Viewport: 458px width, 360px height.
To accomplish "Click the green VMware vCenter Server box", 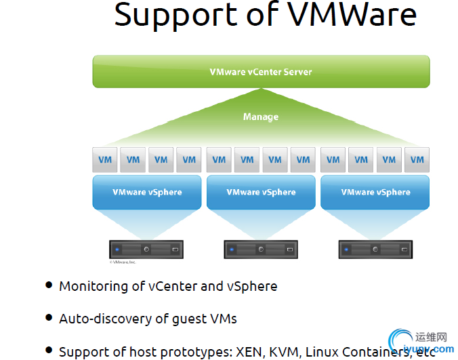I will coord(261,71).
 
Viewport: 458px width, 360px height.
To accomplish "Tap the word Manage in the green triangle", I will coord(261,117).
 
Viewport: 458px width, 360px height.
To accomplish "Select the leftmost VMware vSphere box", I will coord(147,192).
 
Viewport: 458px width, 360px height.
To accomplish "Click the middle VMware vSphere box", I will coord(261,192).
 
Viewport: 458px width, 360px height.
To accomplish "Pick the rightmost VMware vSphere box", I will coord(375,192).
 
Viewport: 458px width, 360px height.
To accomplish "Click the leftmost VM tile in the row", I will coord(105,160).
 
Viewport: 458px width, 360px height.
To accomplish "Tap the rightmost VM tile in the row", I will coord(417,160).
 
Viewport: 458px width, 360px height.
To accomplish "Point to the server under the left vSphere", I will coord(147,249).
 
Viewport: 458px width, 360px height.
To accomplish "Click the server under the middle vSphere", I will coord(261,249).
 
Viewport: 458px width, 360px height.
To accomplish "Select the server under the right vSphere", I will coord(375,249).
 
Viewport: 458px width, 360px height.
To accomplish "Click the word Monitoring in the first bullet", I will coord(92,286).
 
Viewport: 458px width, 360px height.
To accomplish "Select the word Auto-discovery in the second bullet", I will coord(101,318).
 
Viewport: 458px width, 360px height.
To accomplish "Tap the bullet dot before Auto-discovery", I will coord(49,317).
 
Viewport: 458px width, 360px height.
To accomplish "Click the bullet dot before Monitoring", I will coord(49,285).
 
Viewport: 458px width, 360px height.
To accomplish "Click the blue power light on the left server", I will coord(117,249).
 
